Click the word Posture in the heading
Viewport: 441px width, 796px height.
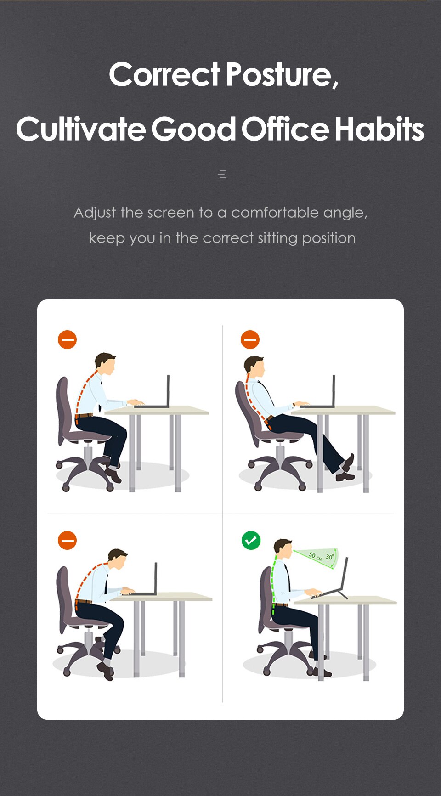pos(281,75)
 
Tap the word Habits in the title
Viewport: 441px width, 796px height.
pos(379,130)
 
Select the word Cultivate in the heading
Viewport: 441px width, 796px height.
pos(80,130)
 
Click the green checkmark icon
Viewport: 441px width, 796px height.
pos(251,541)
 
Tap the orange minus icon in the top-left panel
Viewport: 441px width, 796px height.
pos(67,340)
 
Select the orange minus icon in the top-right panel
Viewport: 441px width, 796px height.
pos(250,340)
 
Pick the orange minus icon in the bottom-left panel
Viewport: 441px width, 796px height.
pos(67,541)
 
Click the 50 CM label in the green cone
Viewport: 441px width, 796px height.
pos(315,556)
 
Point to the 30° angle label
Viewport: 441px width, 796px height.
pos(329,557)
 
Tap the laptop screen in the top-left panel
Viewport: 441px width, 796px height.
pos(168,390)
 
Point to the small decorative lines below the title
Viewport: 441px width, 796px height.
pos(222,174)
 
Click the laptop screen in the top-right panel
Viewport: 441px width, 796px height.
pos(334,390)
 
